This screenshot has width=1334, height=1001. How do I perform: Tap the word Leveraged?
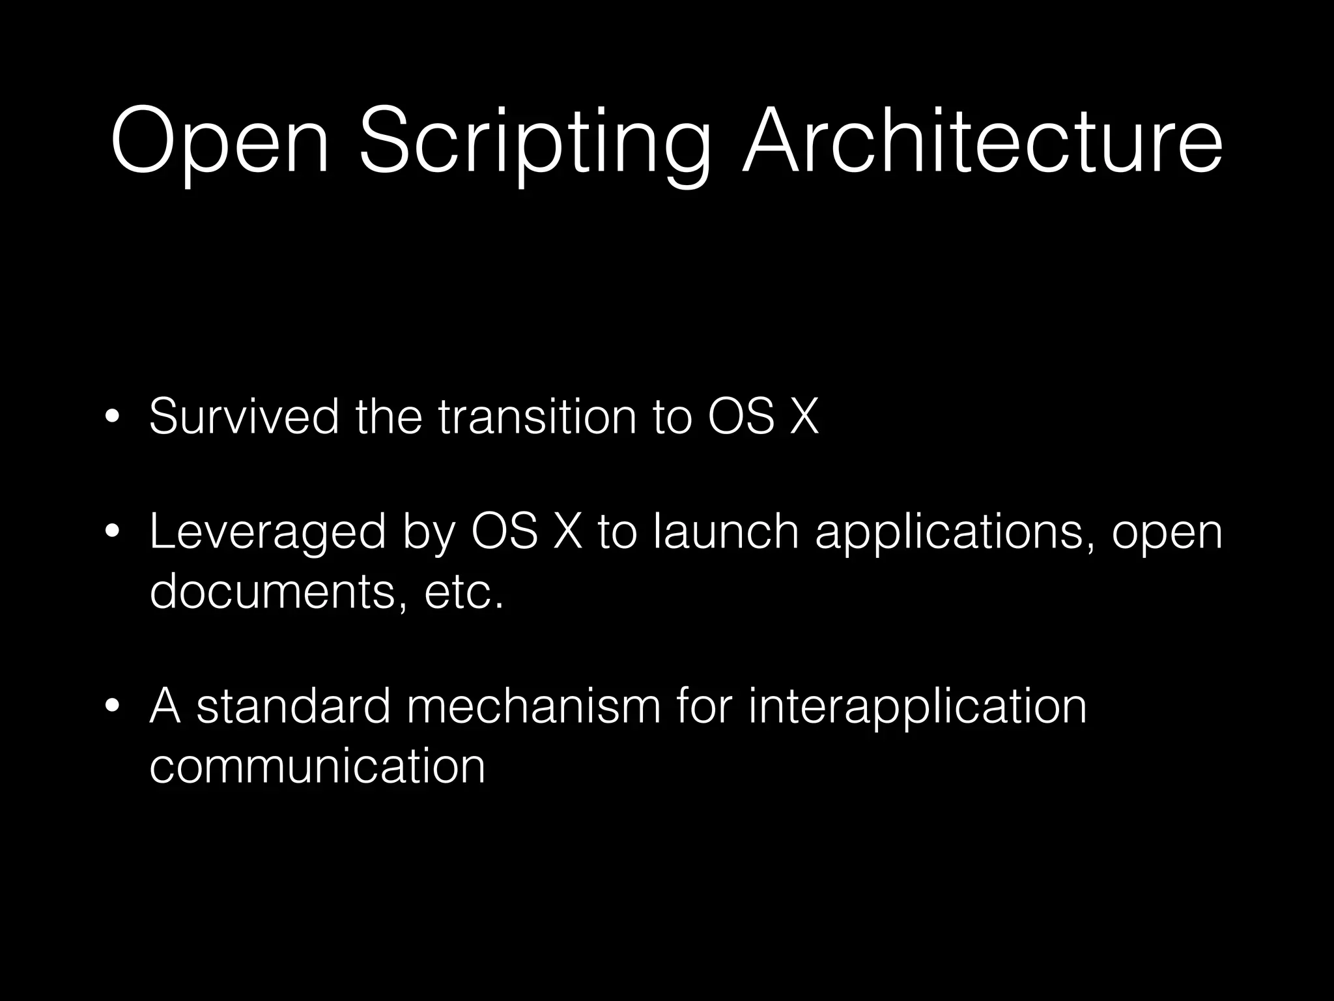click(267, 531)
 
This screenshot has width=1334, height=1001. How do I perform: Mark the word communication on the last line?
click(317, 765)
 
